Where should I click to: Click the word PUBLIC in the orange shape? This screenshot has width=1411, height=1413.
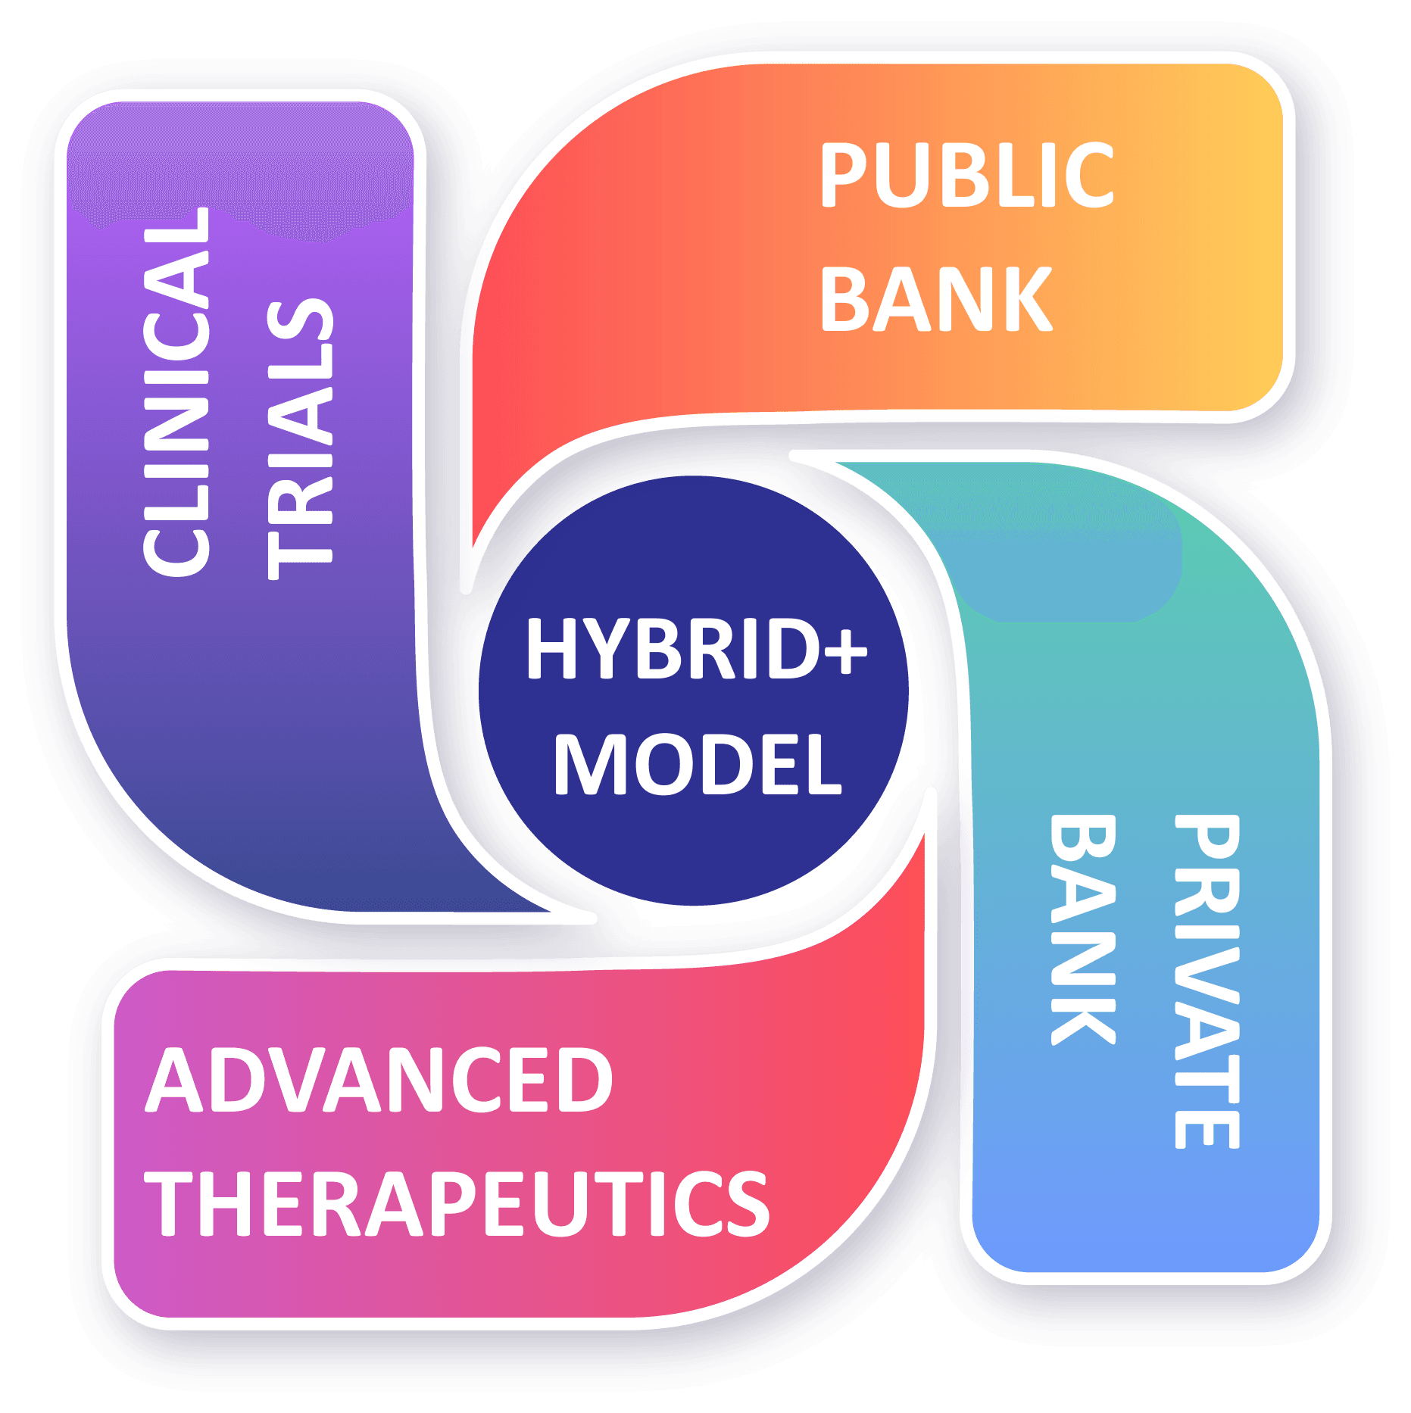[966, 175]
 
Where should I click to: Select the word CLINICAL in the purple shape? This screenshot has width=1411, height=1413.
[177, 391]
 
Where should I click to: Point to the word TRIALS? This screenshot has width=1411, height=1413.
[301, 439]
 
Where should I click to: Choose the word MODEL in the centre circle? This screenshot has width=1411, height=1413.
[698, 764]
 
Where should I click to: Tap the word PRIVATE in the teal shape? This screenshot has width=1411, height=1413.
[1207, 981]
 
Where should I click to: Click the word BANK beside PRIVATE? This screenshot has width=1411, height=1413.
[1084, 930]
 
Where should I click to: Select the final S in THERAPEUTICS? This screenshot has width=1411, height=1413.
[745, 1202]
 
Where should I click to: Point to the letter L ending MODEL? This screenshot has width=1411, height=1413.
[825, 764]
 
